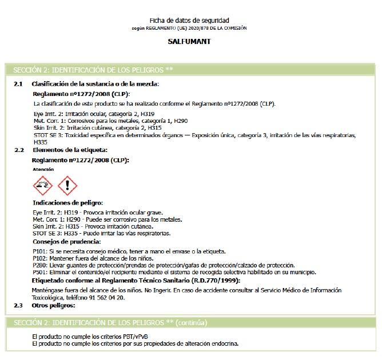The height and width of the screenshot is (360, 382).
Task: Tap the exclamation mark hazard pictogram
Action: (67, 185)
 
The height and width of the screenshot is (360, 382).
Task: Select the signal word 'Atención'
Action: (43, 170)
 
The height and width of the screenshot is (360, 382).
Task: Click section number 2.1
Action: (18, 84)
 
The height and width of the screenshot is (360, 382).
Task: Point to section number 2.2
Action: (18, 150)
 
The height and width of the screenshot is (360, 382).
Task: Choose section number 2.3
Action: (18, 305)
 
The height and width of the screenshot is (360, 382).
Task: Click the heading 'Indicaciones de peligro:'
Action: (68, 203)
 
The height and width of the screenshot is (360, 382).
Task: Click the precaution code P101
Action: (39, 251)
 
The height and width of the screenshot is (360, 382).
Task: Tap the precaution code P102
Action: (39, 258)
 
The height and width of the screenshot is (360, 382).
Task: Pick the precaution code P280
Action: (39, 266)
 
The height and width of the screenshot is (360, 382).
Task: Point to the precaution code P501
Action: (39, 273)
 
